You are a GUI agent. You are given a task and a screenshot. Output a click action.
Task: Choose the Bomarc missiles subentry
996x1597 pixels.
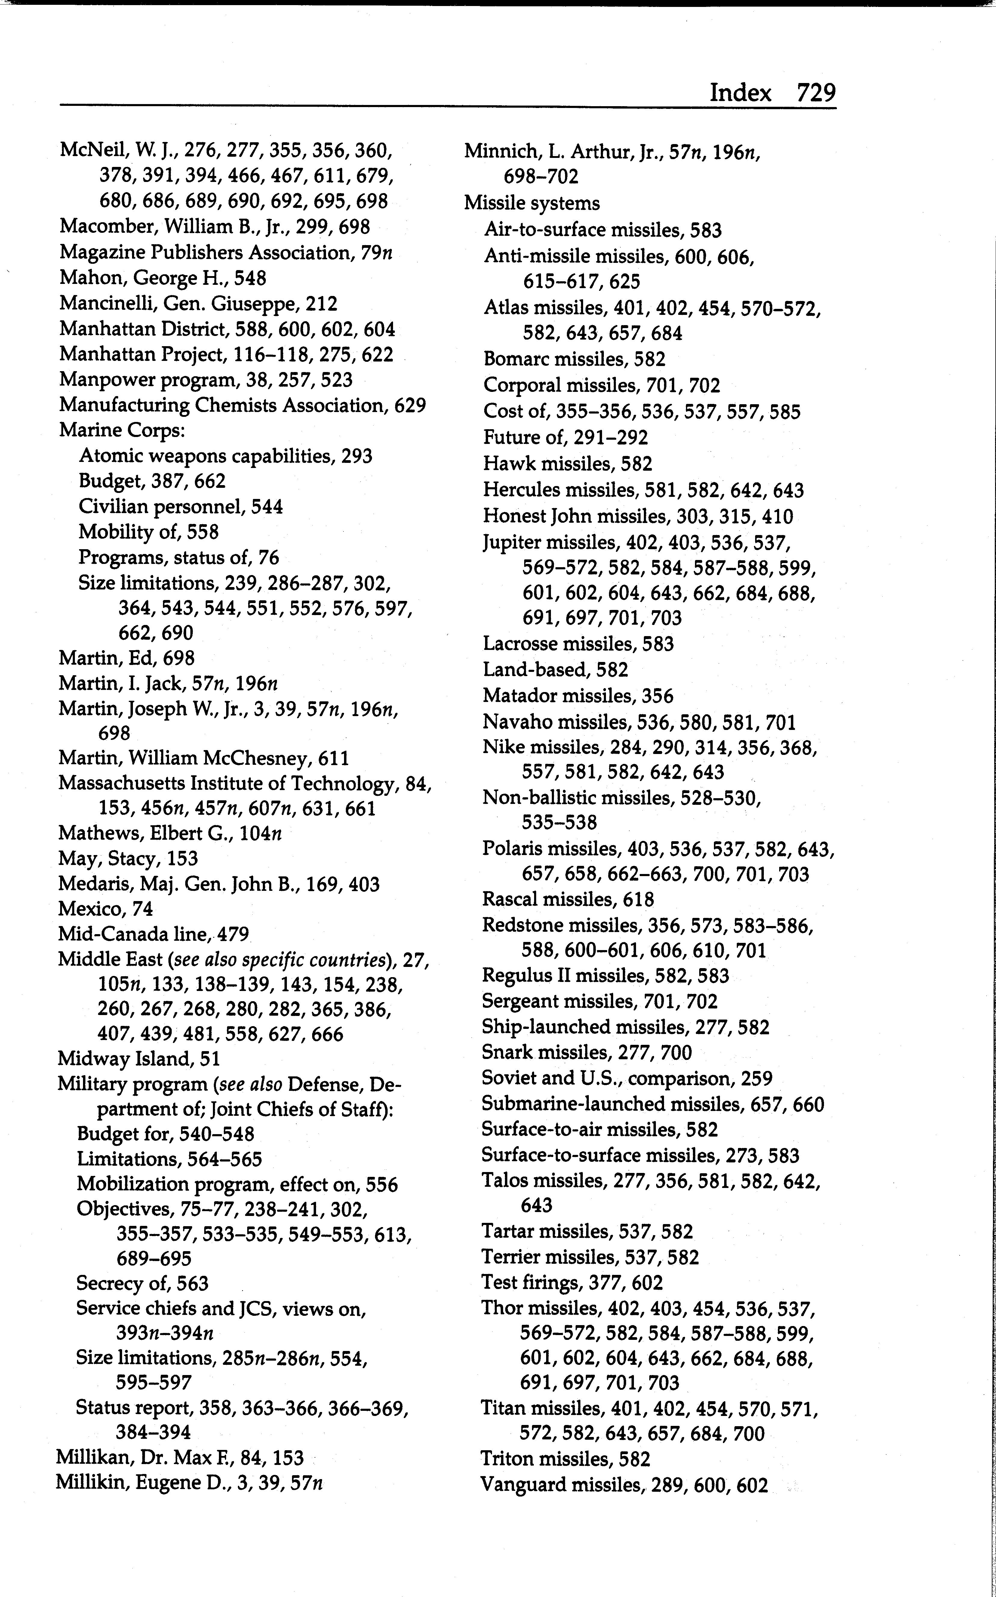point(574,359)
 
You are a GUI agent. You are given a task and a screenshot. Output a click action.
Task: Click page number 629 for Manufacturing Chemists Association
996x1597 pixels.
point(410,405)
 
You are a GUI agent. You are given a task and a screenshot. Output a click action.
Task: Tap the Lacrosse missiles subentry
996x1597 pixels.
point(578,644)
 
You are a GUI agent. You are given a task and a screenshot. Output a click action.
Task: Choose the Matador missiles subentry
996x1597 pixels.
point(578,696)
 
